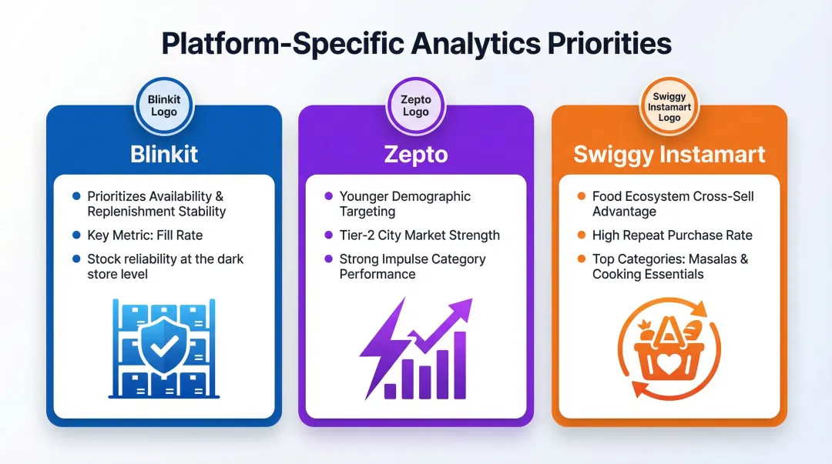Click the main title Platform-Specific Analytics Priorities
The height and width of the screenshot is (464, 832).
pos(416,44)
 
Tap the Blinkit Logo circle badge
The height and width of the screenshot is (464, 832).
pos(163,105)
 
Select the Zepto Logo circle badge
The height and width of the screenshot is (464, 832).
pos(415,105)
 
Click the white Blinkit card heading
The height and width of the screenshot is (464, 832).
pos(163,154)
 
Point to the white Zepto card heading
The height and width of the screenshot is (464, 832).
pos(415,154)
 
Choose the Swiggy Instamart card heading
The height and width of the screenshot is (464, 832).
pos(669,154)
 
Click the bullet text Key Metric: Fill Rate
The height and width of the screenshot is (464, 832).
pos(145,235)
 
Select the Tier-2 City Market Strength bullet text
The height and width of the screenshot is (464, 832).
pos(419,235)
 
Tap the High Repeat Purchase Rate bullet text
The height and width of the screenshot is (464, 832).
pos(672,235)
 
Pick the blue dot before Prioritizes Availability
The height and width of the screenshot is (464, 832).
pos(76,196)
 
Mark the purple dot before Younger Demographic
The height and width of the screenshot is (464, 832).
pos(329,196)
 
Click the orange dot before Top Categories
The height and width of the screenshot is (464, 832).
pos(582,259)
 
